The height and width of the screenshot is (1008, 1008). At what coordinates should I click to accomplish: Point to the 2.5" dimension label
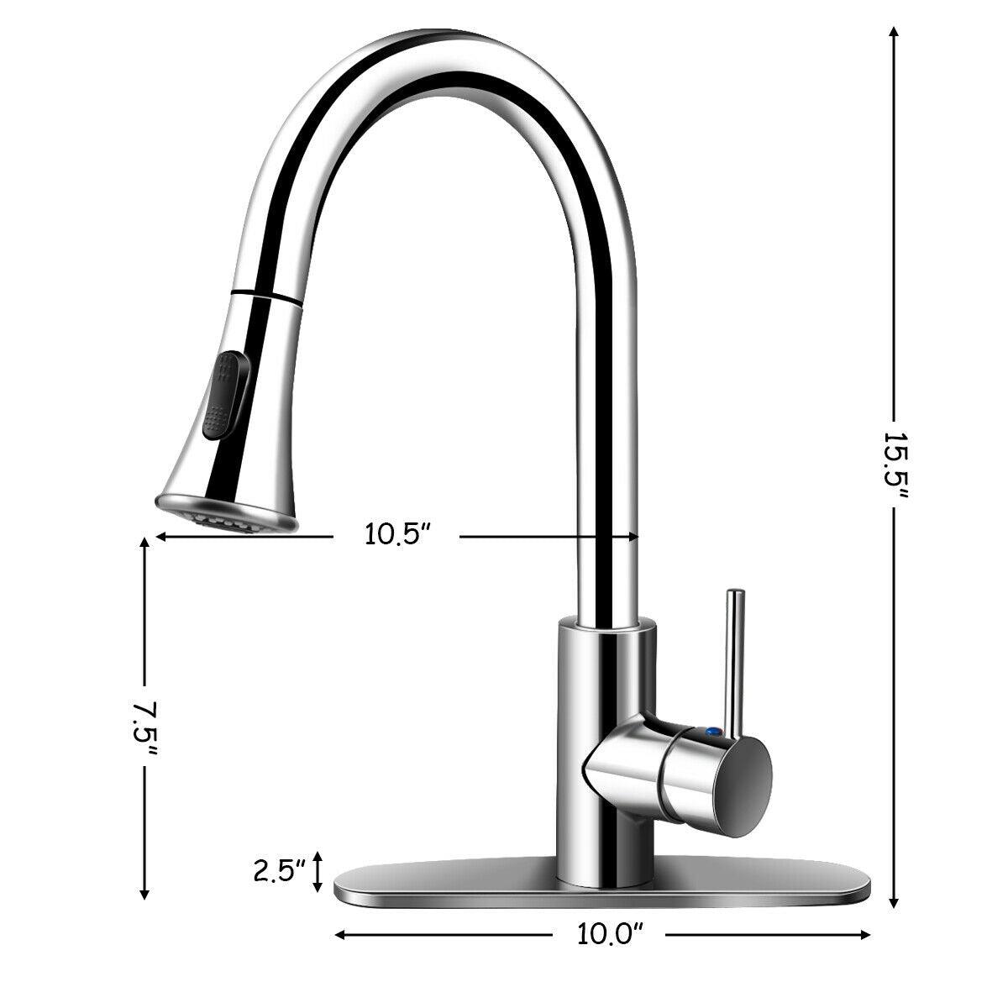pos(280,871)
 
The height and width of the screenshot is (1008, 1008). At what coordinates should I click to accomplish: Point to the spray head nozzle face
pos(227,516)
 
